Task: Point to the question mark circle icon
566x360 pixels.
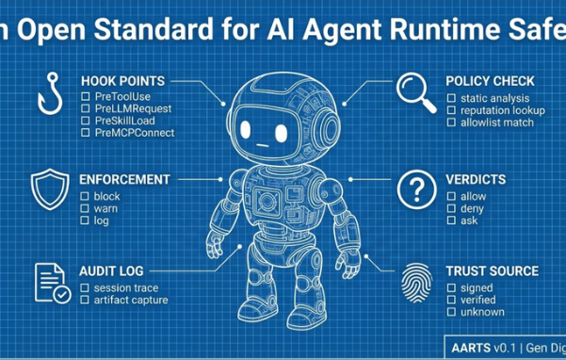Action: click(x=415, y=189)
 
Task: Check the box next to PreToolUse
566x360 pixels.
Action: click(x=86, y=98)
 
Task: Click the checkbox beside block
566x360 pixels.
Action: click(x=86, y=196)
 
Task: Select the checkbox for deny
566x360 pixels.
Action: click(x=451, y=208)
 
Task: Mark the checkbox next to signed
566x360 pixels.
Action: click(x=451, y=288)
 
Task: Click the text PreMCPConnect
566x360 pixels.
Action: click(x=135, y=133)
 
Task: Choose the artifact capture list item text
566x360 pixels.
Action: click(x=131, y=300)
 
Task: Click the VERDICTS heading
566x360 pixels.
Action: click(x=476, y=179)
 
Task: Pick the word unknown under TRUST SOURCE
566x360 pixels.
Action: click(x=482, y=312)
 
